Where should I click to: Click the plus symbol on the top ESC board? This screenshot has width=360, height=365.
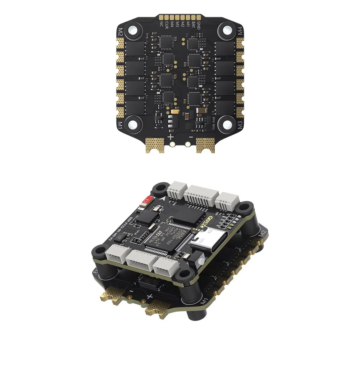point(170,137)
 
